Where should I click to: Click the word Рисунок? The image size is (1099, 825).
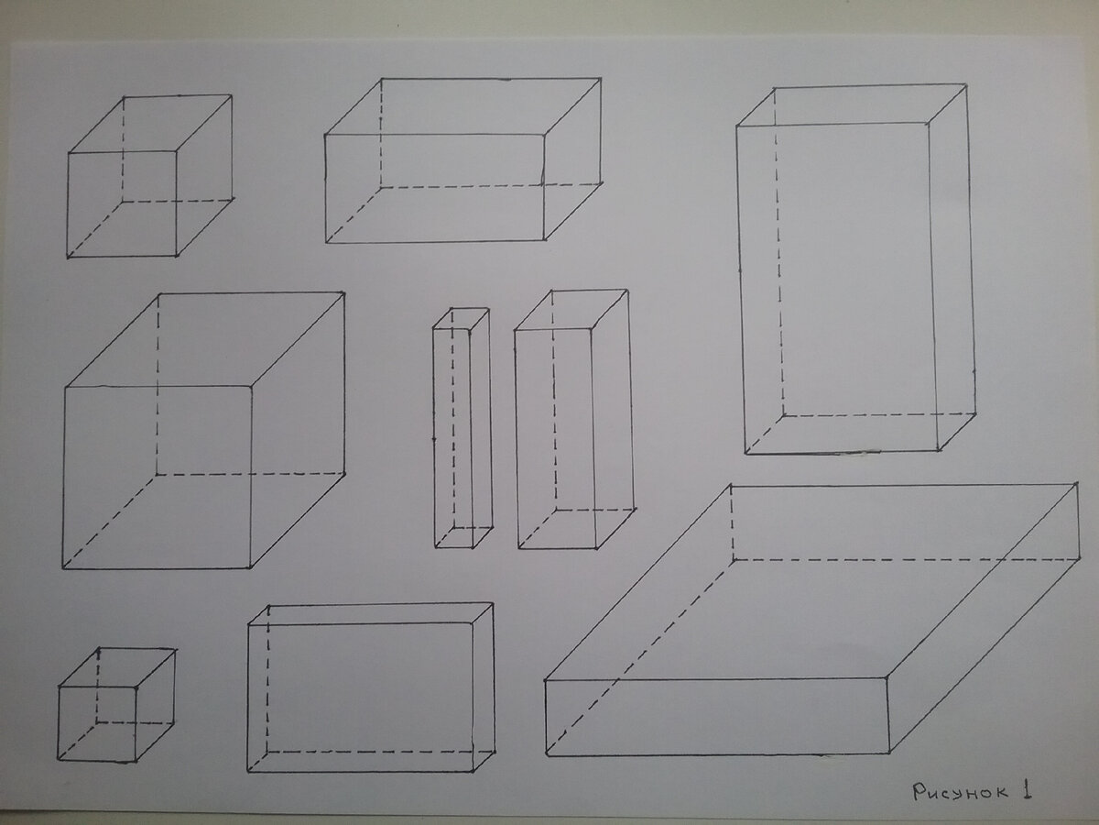point(961,792)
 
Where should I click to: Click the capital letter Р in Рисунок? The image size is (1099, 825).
point(920,792)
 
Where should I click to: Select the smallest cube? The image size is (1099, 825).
point(116,705)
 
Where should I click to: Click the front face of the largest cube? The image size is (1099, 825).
point(157,477)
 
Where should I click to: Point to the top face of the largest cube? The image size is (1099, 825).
point(204,339)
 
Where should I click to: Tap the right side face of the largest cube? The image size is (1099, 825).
point(298,430)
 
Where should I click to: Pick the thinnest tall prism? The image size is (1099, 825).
point(462,428)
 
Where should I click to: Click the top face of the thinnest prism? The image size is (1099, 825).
point(462,319)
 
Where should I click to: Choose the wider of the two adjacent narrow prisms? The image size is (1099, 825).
point(575,419)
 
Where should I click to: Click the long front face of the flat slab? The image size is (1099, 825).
point(717,717)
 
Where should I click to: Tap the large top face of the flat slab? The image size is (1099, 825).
point(811,582)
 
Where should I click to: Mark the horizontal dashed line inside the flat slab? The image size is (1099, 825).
point(905,559)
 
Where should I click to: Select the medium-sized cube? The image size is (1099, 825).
point(150,176)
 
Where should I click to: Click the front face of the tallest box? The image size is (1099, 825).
point(837,289)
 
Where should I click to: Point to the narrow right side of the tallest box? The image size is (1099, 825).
point(952,269)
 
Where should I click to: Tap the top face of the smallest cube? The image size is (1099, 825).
point(117,667)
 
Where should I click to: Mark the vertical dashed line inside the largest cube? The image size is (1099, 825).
point(158,384)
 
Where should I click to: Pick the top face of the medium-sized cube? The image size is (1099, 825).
point(150,123)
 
